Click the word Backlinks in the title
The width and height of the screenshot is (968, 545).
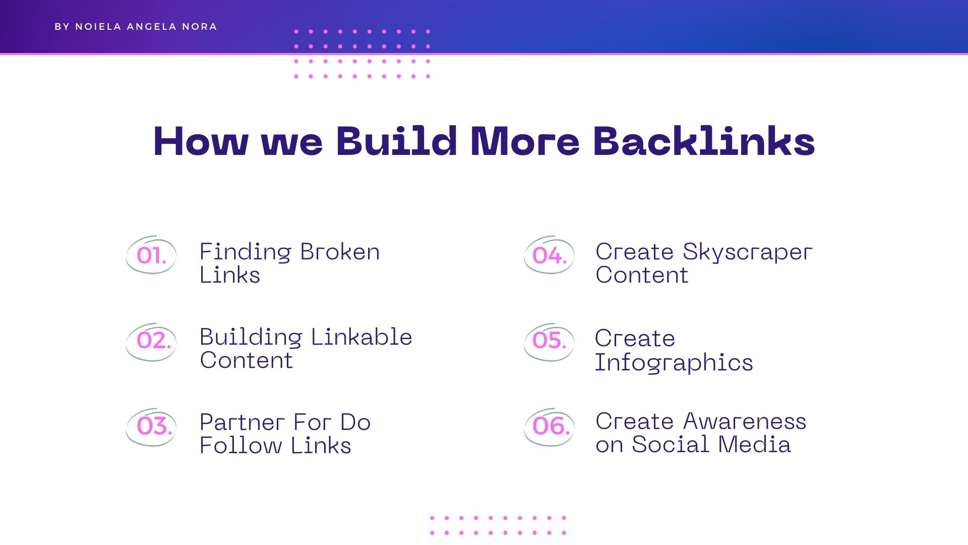(x=704, y=141)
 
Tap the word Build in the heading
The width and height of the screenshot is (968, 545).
(x=396, y=141)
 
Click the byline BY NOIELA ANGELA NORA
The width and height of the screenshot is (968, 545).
(x=136, y=27)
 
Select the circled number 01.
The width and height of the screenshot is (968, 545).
(x=151, y=255)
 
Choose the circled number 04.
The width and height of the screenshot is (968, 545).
(x=550, y=255)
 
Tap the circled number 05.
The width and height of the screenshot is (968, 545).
(x=550, y=341)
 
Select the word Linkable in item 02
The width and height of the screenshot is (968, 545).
(x=361, y=337)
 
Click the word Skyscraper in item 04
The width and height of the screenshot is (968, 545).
(x=748, y=252)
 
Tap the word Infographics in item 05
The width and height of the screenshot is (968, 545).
(x=674, y=363)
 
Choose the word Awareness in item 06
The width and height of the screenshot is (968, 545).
(x=745, y=421)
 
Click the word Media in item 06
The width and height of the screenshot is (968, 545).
(x=754, y=445)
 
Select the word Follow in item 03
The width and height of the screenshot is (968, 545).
(x=241, y=446)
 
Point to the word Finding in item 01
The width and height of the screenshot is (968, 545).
(x=246, y=252)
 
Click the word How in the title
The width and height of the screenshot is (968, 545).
(x=201, y=141)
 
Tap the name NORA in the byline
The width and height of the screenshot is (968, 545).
(x=200, y=27)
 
